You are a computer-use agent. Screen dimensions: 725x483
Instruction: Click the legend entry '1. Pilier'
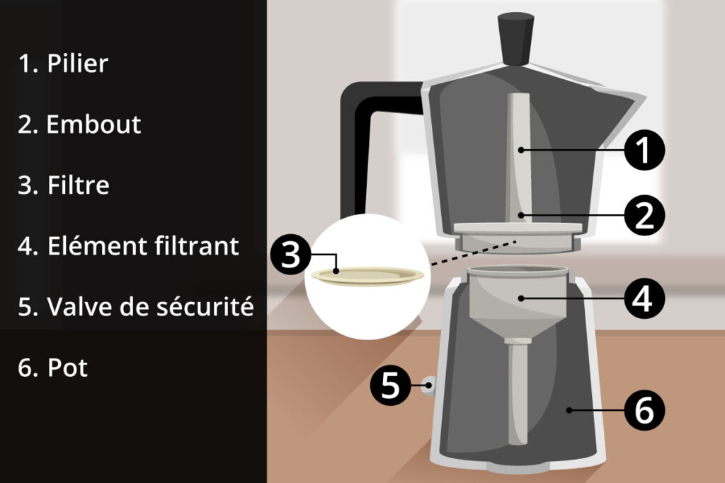coord(63,63)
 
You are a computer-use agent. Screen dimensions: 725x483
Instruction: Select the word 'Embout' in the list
coord(93,124)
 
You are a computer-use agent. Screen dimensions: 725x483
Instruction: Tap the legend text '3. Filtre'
coord(64,185)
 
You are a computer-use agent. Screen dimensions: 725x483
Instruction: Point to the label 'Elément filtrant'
coord(143,245)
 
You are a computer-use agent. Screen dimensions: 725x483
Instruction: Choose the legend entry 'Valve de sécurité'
coord(150,307)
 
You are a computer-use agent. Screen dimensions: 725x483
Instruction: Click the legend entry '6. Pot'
coord(52,368)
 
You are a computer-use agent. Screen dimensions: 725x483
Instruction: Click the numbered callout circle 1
coord(644,150)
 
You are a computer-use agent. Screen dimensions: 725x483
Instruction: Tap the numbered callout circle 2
coord(644,216)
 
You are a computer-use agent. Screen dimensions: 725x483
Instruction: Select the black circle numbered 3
coord(291,254)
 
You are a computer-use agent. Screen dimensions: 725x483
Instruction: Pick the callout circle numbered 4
coord(644,298)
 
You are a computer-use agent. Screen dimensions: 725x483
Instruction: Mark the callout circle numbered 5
coord(391,385)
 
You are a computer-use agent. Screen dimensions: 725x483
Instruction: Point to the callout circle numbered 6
coord(644,410)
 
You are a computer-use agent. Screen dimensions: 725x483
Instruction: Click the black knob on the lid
coord(516,40)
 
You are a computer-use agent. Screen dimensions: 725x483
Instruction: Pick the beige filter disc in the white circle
coord(367,276)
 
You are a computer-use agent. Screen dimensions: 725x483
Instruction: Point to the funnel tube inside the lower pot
coord(518,392)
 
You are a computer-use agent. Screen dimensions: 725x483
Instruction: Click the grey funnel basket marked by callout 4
coord(518,300)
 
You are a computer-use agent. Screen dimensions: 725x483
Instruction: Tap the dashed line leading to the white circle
coord(473,253)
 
